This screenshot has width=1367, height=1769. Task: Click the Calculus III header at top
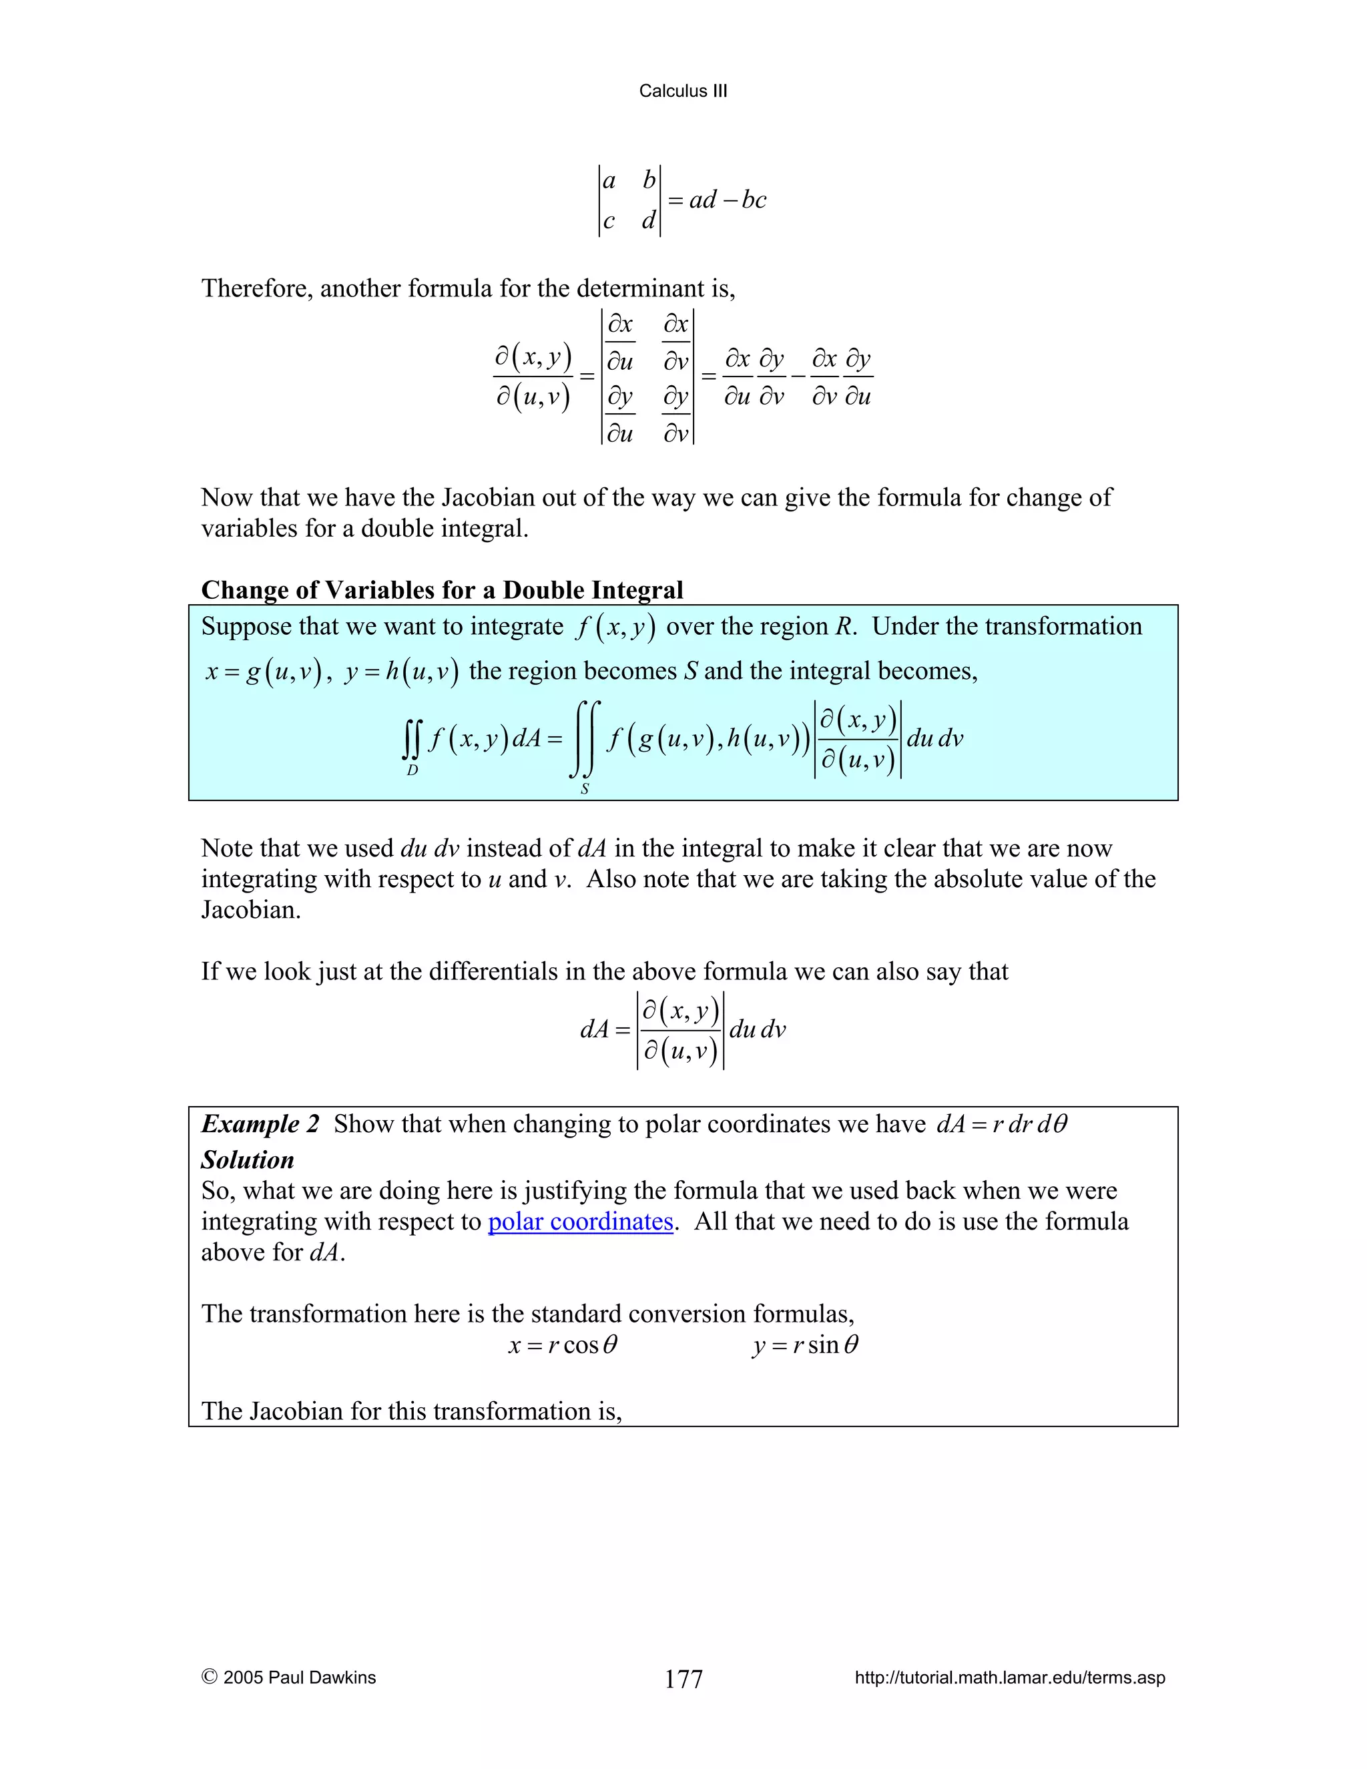click(x=683, y=91)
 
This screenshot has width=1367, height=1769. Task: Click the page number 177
click(x=683, y=1679)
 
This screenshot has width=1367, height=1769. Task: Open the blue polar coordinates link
click(x=580, y=1222)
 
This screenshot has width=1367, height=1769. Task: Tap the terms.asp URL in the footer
click(x=1009, y=1678)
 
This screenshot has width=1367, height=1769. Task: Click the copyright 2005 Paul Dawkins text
click(x=288, y=1678)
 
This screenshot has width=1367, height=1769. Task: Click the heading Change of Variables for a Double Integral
click(x=441, y=589)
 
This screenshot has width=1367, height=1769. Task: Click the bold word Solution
click(x=247, y=1160)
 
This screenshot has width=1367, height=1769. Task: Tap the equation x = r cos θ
click(x=563, y=1345)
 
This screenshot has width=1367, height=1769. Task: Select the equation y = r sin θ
click(x=804, y=1345)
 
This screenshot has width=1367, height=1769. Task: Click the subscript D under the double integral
click(x=413, y=770)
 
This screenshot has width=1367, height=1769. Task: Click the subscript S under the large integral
click(x=585, y=789)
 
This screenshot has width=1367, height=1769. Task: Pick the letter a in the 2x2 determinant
click(x=610, y=181)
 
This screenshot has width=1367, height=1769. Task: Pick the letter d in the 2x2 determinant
click(x=648, y=220)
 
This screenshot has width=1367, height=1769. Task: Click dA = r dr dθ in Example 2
click(x=1002, y=1124)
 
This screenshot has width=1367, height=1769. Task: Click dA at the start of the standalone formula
click(x=595, y=1029)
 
